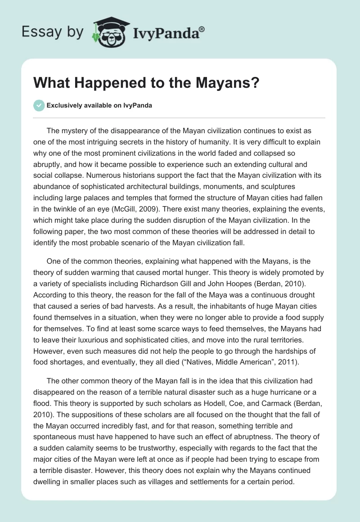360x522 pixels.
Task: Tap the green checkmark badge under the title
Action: coord(39,105)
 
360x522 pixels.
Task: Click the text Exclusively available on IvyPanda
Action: coord(99,105)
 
